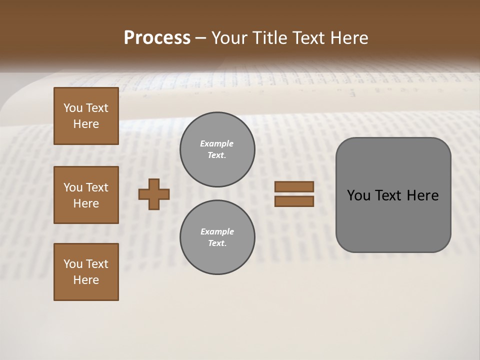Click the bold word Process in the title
point(157,38)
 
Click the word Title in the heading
point(269,38)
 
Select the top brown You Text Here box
point(86,116)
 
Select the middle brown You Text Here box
point(86,195)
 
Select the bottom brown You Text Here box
point(86,272)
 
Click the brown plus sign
point(154,194)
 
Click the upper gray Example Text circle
point(217,149)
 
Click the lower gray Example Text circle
point(217,237)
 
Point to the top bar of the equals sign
point(294,186)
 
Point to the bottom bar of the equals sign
point(294,201)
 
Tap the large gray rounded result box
point(393,220)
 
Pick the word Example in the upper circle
point(217,143)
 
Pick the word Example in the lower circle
point(217,231)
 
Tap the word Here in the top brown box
point(86,124)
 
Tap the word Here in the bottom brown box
point(86,280)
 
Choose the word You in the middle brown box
point(72,187)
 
